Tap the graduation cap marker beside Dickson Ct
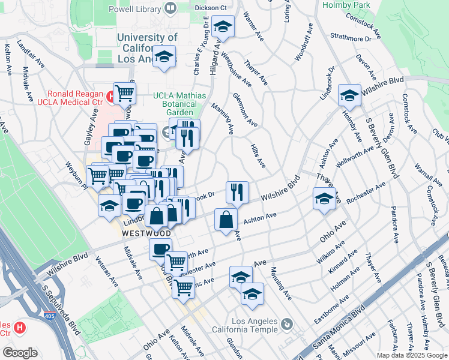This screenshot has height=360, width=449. coord(223,27)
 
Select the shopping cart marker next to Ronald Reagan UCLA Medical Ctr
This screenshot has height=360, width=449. coord(124,94)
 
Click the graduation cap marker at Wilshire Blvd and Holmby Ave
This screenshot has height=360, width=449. coord(349,95)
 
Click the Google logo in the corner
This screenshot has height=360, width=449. coord(19,353)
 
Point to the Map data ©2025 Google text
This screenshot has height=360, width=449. coord(411,355)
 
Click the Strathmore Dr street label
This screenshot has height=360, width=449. coord(351,38)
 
